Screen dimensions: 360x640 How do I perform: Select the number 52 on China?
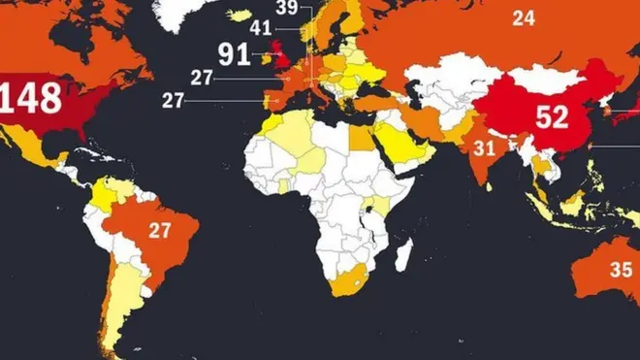[x=551, y=117]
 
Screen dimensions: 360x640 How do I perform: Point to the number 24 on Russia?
[x=524, y=18]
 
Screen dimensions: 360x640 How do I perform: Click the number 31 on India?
[x=485, y=147]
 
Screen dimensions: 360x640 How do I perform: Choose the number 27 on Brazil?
[x=160, y=230]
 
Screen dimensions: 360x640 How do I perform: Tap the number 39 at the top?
[x=286, y=8]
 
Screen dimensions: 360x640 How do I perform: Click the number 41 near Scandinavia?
[x=261, y=27]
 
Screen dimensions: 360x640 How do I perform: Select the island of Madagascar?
[x=406, y=253]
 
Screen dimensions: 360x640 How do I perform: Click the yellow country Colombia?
[x=99, y=195]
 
